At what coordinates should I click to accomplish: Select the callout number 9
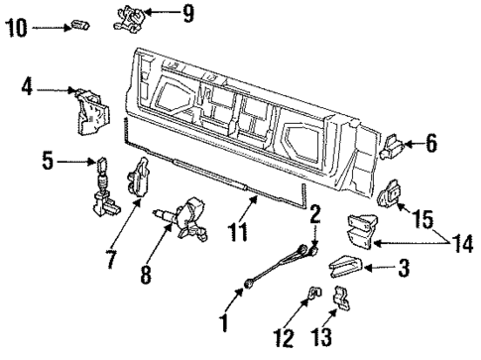[x=188, y=14]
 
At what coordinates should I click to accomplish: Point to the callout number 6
[x=431, y=144]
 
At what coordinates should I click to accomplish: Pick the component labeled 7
[x=136, y=180]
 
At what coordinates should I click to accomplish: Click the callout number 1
[x=224, y=321]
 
